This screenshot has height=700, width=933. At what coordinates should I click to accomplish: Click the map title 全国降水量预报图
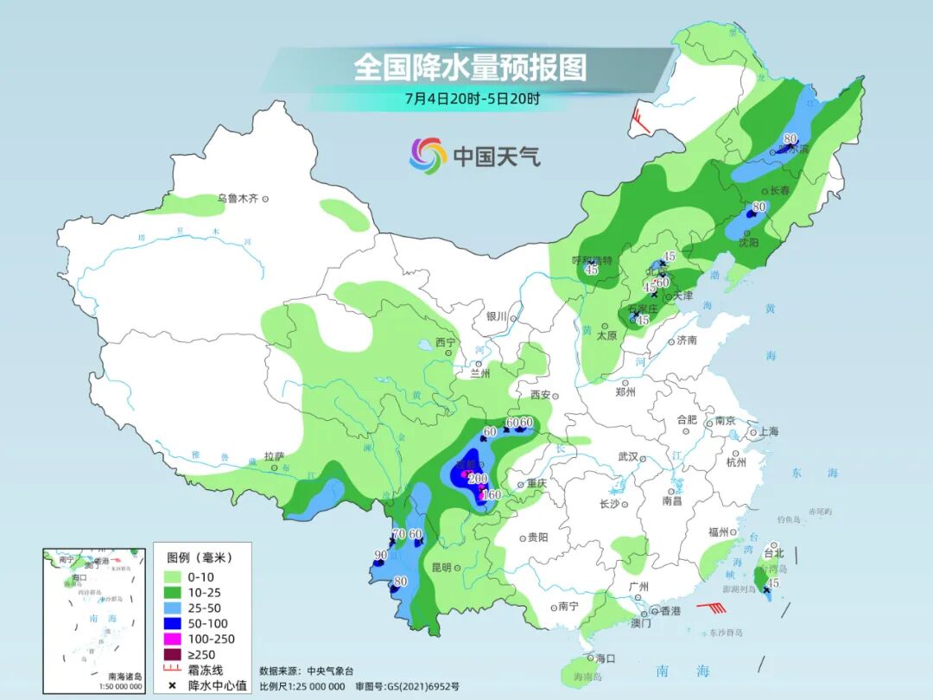(x=470, y=67)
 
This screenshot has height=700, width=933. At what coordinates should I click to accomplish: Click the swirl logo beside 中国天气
(x=428, y=156)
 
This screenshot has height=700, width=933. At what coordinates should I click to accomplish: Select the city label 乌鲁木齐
(x=238, y=199)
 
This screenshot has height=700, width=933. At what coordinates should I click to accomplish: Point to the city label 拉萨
(x=274, y=456)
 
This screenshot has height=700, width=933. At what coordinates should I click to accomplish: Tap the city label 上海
(x=768, y=432)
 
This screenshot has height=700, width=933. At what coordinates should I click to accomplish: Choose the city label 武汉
(x=627, y=456)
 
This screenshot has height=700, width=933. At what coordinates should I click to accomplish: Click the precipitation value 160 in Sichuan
(x=491, y=495)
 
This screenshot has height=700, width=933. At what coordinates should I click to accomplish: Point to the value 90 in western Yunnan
(x=380, y=555)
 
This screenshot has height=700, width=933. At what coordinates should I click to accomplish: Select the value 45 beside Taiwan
(x=774, y=584)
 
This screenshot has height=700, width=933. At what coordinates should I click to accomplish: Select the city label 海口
(x=605, y=659)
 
